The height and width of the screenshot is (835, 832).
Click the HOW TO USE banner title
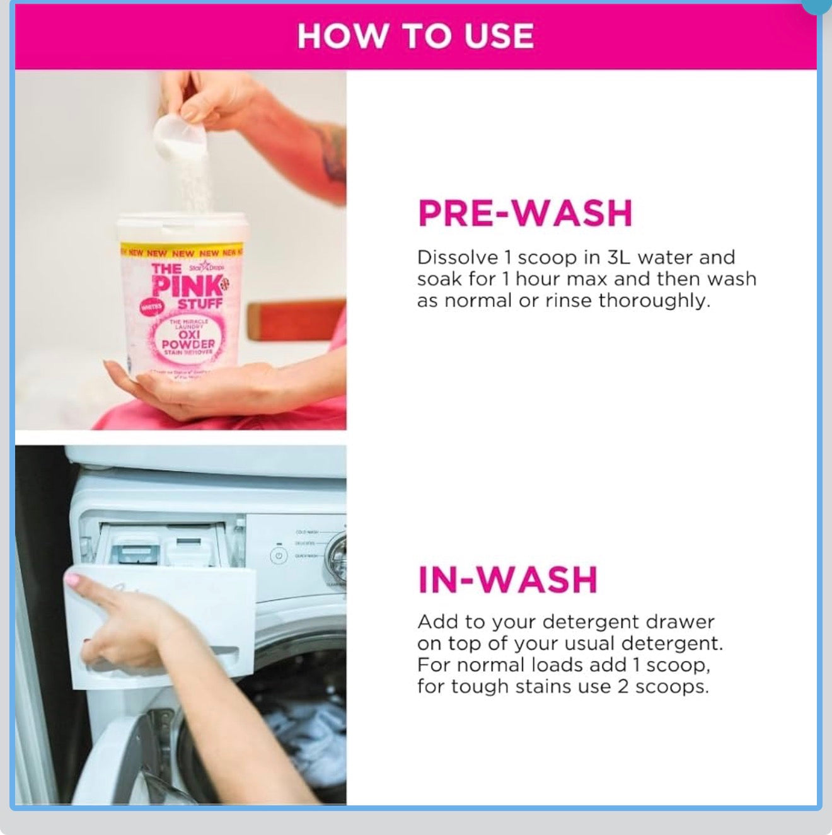pyautogui.click(x=415, y=36)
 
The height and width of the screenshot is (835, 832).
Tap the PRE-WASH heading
pyautogui.click(x=524, y=213)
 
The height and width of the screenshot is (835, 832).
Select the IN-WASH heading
pyautogui.click(x=507, y=580)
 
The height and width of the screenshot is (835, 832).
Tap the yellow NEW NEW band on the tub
pyautogui.click(x=182, y=253)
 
